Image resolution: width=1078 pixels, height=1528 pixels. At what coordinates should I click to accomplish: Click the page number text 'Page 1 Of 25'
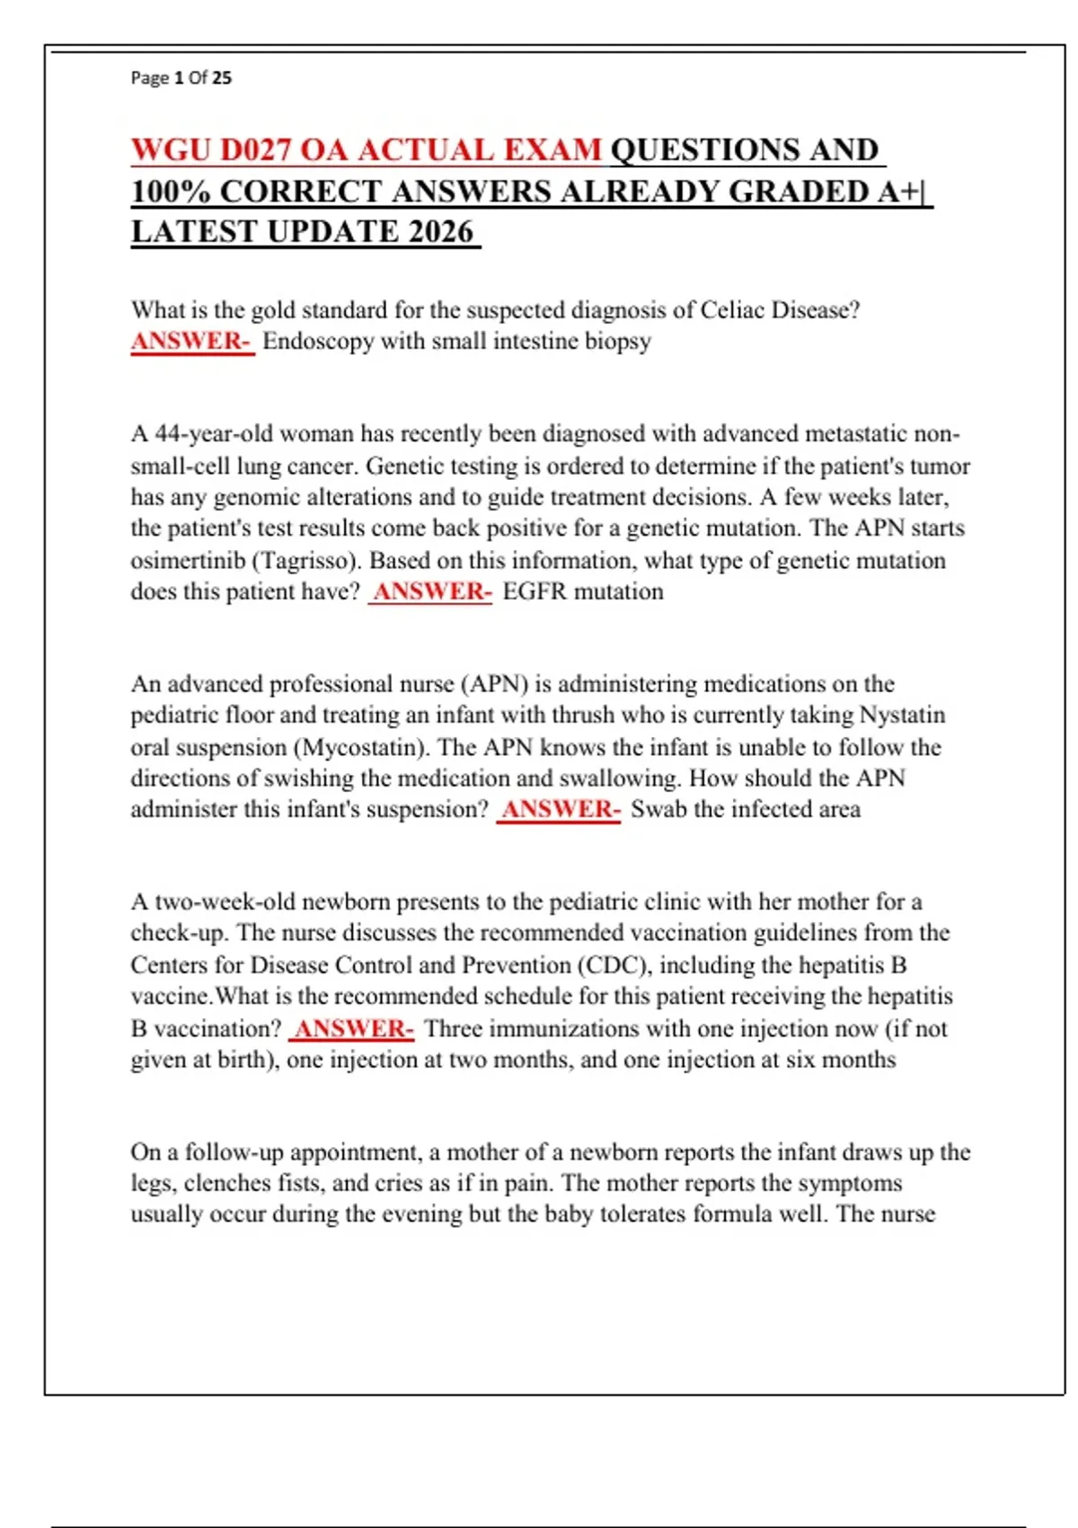coord(181,78)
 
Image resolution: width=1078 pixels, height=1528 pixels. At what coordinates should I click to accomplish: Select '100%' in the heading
coord(171,191)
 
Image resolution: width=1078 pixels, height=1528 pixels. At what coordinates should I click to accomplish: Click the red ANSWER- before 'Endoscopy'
coord(191,342)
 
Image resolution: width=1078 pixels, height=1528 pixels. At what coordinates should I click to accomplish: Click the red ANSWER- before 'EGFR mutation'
coord(431,591)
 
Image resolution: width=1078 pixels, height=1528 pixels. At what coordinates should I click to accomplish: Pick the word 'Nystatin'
coord(902,715)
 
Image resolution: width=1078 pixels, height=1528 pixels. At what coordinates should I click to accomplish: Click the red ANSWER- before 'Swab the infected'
coord(559,810)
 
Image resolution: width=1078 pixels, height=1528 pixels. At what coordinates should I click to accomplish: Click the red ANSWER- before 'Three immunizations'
coord(353,1029)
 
